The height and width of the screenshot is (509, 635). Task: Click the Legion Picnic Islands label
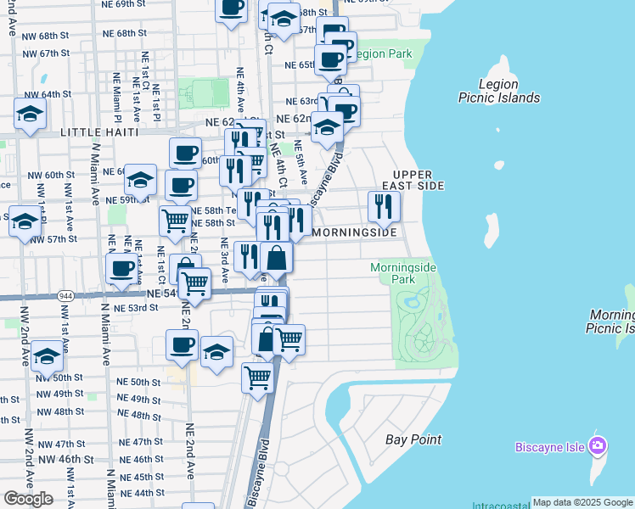[x=498, y=91]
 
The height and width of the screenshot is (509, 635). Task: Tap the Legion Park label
[x=383, y=53]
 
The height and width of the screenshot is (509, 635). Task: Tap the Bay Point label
[x=413, y=439]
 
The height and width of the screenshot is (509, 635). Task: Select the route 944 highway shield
[x=65, y=296]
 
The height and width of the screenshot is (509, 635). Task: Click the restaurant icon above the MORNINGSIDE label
[x=384, y=206]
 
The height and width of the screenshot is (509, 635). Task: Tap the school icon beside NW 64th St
[x=31, y=114]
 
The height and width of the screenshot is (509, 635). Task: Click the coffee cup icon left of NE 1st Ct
[x=122, y=269]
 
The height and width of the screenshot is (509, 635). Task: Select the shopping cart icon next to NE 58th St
[x=175, y=221]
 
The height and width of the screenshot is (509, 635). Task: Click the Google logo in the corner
[x=28, y=499]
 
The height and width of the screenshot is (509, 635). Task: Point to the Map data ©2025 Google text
[x=582, y=502]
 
